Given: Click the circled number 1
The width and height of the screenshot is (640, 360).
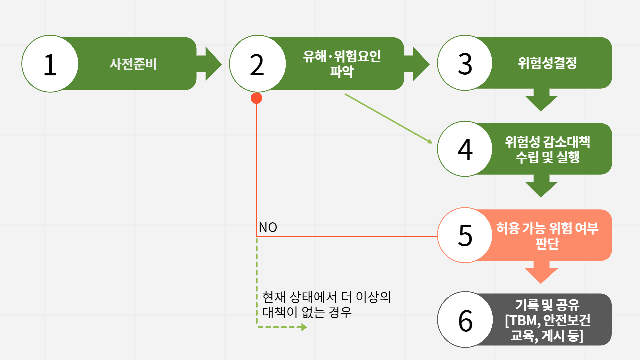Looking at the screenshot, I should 50,64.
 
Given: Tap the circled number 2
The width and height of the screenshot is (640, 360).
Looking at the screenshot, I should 257,64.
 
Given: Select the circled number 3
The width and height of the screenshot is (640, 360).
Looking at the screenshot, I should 465,63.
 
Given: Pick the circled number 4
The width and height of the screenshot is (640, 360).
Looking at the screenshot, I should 465,149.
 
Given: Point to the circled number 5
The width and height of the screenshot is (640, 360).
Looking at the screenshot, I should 465,235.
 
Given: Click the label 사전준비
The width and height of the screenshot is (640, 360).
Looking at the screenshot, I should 133,64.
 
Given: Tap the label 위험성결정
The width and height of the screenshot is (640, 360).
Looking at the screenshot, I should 547,63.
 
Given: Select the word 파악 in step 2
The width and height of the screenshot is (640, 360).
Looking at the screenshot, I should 341,71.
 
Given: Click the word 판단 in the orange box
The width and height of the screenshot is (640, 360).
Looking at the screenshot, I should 547,243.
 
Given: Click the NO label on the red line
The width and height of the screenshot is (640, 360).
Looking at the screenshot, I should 268,227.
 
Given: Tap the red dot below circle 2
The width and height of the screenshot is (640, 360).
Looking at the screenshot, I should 256,98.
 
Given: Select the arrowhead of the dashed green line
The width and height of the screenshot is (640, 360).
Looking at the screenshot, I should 304,327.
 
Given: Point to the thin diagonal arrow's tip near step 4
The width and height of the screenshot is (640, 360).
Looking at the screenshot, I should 431,142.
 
